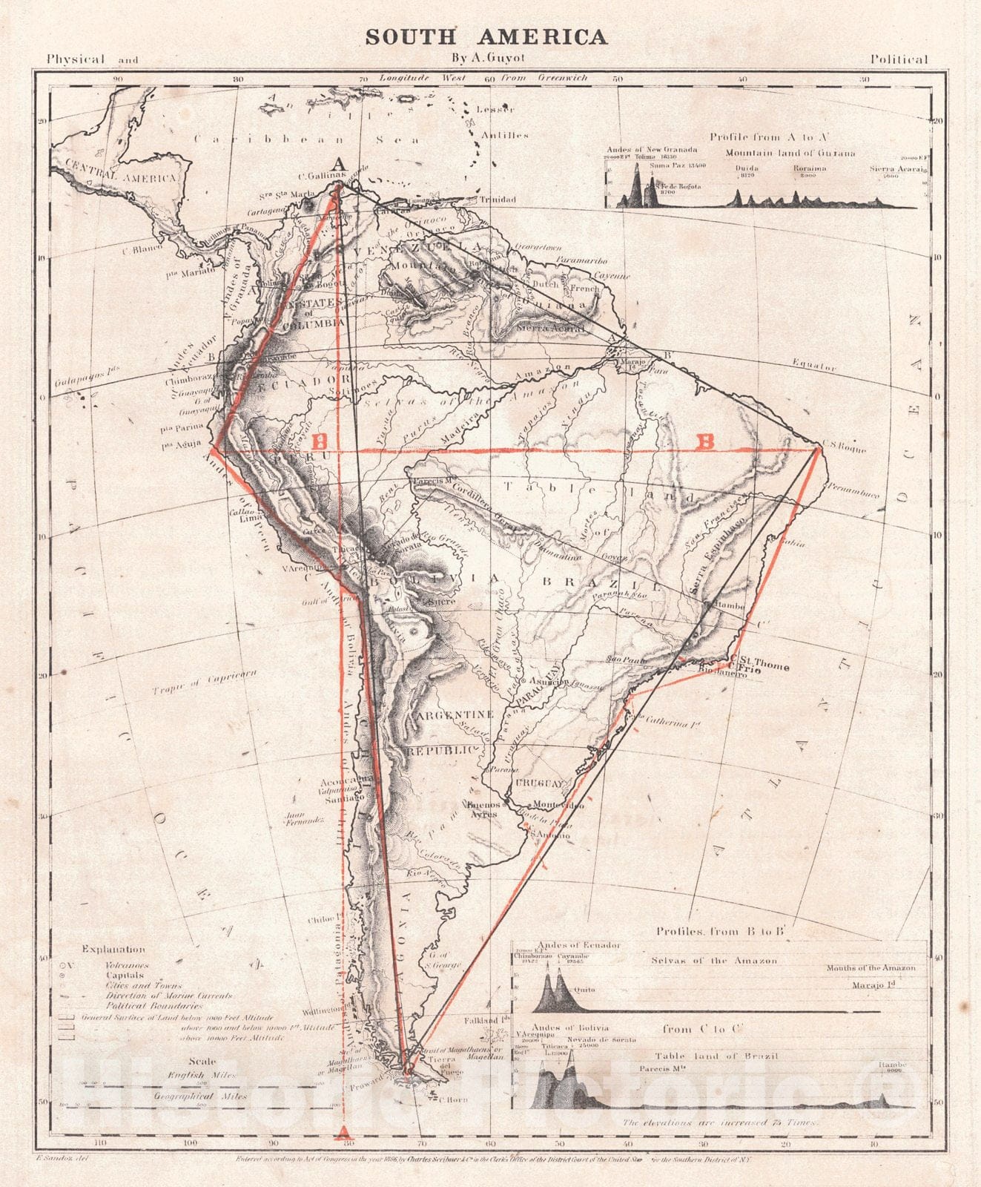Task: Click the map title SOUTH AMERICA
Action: click(x=486, y=37)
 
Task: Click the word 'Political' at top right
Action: click(x=899, y=59)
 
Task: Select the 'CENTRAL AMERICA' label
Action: click(x=120, y=170)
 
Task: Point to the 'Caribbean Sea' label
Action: click(x=307, y=139)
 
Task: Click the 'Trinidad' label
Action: click(x=497, y=200)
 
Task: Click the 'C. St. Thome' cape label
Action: click(x=759, y=665)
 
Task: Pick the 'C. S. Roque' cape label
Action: click(x=844, y=448)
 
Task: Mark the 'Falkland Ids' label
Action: click(x=484, y=1021)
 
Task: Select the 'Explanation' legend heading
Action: click(x=113, y=949)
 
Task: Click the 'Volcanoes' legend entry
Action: click(x=127, y=965)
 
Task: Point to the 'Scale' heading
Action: click(x=202, y=1061)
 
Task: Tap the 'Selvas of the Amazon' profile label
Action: click(x=714, y=961)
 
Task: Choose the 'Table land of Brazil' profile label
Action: click(x=716, y=1056)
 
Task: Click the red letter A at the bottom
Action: click(x=343, y=1132)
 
